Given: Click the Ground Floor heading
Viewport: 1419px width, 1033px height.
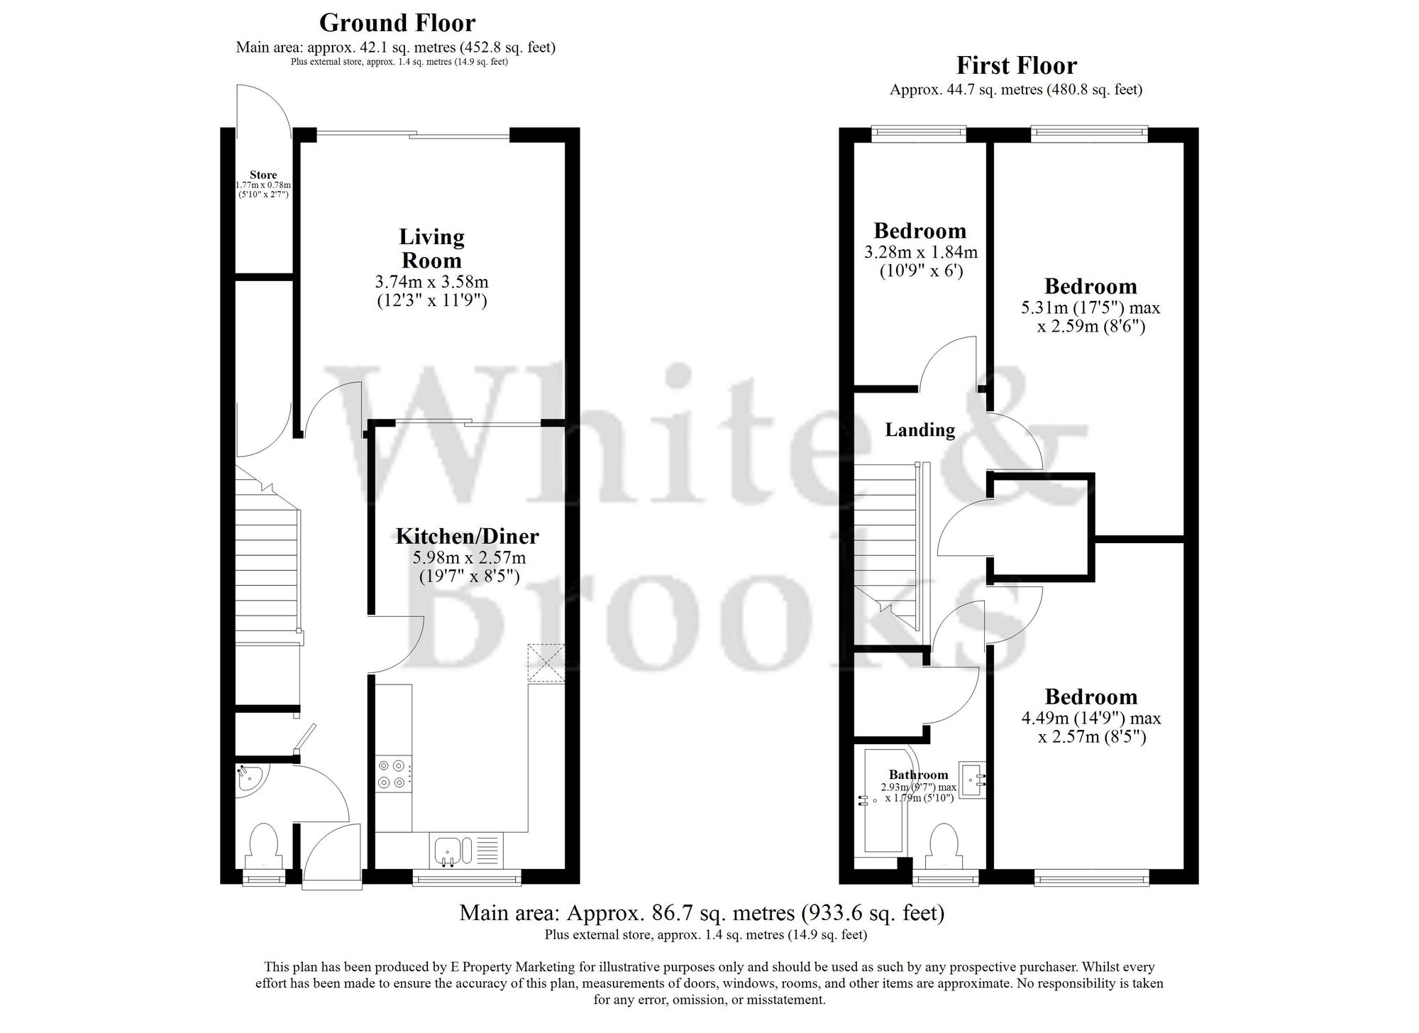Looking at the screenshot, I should (397, 23).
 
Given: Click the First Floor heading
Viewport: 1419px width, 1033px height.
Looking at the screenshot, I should (1016, 65).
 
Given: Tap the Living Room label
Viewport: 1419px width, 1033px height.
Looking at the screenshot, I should (431, 248).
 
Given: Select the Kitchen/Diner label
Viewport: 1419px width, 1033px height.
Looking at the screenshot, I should (467, 535).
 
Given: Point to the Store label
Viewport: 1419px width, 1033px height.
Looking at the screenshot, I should (263, 175).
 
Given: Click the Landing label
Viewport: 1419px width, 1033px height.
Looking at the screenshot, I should (920, 430).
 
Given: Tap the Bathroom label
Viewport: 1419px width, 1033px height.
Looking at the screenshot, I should (918, 775).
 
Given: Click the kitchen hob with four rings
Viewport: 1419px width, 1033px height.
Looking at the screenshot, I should (393, 774).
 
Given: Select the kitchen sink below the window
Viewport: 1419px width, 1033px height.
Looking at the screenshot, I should (448, 850).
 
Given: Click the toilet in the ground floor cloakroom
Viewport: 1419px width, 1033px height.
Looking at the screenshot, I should (263, 846).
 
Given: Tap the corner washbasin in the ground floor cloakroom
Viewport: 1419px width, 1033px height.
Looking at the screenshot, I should (248, 780).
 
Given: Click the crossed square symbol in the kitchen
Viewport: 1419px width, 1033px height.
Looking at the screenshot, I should (546, 663).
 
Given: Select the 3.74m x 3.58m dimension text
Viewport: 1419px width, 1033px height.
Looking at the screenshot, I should (431, 282).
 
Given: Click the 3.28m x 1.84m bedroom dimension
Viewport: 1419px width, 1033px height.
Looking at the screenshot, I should (920, 252).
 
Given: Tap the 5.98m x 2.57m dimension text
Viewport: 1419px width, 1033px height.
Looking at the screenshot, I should (469, 558).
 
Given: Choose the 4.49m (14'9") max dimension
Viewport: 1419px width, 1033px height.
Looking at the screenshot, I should (1091, 718).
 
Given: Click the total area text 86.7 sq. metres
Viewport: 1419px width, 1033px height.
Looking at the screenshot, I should (702, 912).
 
